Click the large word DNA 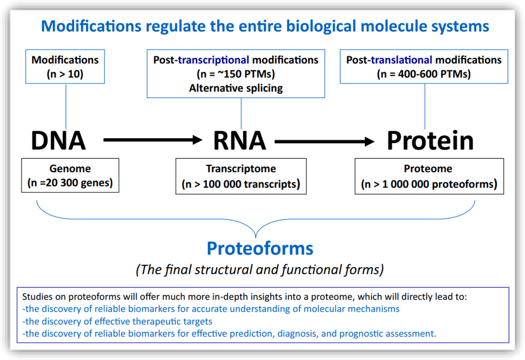[58, 141]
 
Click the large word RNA [240, 141]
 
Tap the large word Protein [430, 141]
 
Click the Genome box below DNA [70, 175]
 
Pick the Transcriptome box [241, 176]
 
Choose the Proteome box [429, 176]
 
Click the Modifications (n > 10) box [65, 67]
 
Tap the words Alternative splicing [236, 88]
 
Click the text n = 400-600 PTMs [423, 74]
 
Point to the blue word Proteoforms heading [260, 248]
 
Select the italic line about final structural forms [260, 269]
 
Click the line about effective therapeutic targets [117, 322]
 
